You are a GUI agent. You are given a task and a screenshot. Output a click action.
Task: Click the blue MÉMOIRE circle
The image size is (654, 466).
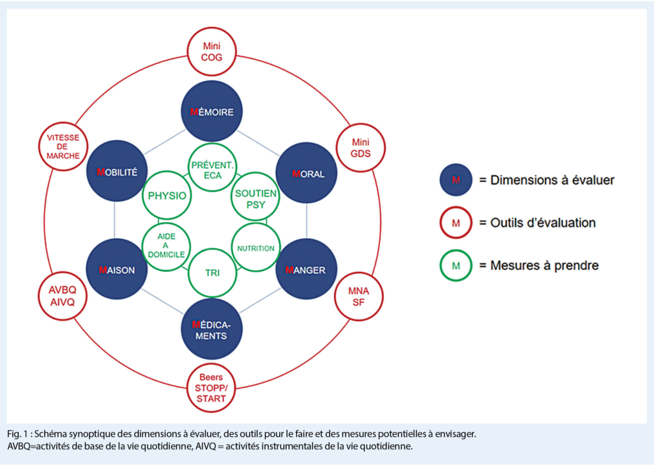click(x=211, y=111)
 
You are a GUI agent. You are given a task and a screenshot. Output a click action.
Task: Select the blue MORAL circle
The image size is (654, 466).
click(x=307, y=173)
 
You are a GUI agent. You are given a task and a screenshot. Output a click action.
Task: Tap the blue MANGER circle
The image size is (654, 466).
click(x=306, y=270)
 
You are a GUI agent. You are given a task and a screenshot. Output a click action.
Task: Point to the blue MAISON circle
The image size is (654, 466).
click(x=116, y=270)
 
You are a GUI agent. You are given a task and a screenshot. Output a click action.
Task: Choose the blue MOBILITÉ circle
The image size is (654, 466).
click(x=116, y=173)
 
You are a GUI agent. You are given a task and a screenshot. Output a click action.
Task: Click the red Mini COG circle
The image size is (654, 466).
click(x=211, y=51)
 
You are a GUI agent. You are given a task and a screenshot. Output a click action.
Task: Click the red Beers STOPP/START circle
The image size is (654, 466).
click(x=211, y=388)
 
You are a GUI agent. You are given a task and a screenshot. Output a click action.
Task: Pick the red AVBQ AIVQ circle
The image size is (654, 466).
click(x=63, y=296)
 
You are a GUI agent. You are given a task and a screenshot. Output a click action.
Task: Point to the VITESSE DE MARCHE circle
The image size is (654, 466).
click(x=63, y=147)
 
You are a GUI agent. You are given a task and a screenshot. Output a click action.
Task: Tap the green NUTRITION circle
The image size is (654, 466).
click(x=255, y=248)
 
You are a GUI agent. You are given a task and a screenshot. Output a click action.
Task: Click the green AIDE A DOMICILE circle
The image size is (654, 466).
click(x=166, y=245)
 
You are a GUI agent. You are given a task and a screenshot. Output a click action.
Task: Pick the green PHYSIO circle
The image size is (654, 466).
click(x=166, y=196)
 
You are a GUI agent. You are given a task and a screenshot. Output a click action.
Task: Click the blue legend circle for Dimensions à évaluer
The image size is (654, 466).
click(x=455, y=180)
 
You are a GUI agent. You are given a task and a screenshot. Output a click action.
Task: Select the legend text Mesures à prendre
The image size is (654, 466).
click(x=544, y=265)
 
